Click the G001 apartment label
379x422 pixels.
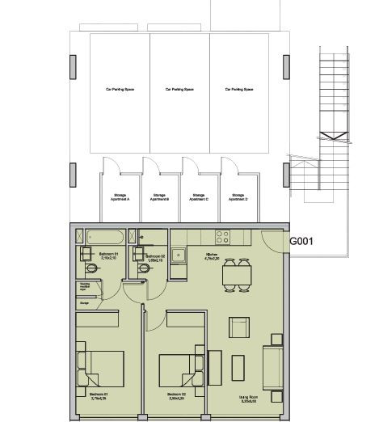point(301,241)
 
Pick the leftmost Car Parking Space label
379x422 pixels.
point(119,90)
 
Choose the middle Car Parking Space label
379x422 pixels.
point(179,90)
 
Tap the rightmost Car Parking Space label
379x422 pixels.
point(240,90)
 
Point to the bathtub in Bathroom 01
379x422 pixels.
point(104,237)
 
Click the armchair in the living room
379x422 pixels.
point(240,327)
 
